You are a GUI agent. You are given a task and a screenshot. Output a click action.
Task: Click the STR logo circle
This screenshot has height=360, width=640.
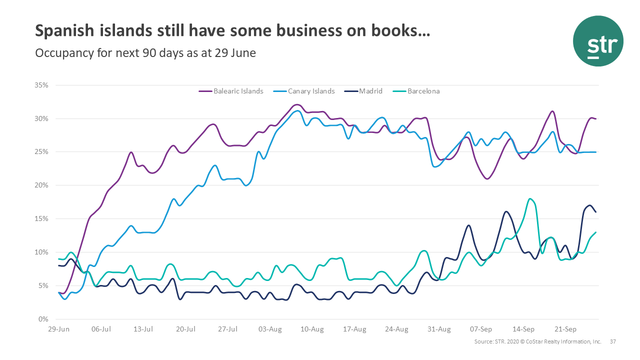[598, 41]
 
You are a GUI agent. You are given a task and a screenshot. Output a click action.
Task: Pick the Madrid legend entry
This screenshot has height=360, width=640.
[370, 91]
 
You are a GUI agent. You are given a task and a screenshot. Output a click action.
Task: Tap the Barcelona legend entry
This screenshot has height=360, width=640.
[423, 91]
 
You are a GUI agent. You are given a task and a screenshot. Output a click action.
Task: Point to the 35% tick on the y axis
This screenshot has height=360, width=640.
[41, 85]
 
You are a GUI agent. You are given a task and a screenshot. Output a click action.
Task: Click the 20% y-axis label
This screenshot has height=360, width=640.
[41, 185]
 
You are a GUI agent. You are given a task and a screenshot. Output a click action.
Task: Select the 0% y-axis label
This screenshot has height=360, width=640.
[43, 319]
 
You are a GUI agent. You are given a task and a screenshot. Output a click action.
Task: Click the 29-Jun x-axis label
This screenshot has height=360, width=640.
[59, 329]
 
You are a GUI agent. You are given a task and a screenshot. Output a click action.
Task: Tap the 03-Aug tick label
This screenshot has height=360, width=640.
[270, 329]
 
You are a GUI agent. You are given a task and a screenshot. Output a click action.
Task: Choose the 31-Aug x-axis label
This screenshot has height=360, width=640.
[439, 329]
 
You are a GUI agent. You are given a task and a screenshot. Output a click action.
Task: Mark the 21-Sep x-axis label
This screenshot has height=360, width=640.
[565, 329]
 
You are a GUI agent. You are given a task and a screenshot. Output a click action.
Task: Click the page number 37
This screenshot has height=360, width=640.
[613, 342]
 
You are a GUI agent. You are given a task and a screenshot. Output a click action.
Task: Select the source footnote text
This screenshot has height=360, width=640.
[537, 342]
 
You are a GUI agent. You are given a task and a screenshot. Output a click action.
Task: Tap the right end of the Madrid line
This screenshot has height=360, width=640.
[595, 212]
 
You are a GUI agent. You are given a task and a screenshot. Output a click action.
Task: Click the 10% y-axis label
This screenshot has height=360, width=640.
[41, 252]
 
